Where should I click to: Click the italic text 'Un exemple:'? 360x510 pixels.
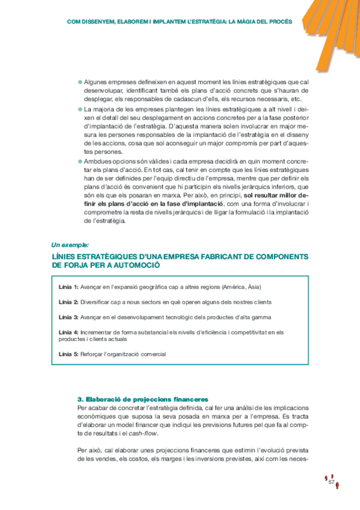[x=70, y=245]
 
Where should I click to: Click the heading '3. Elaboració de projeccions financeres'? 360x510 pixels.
[x=142, y=399]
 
